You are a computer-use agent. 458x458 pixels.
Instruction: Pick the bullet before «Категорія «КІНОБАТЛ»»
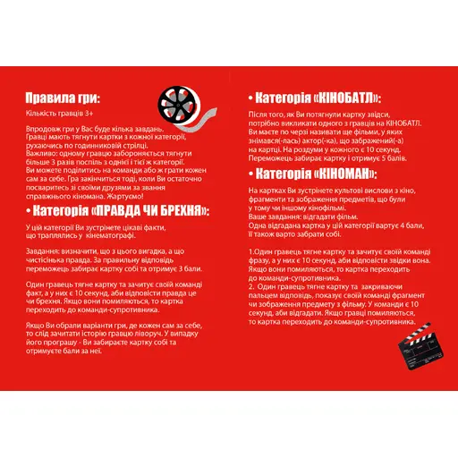248,98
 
